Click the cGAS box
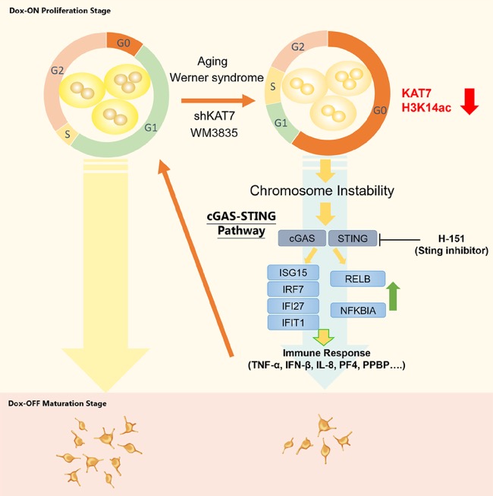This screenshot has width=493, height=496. (302, 239)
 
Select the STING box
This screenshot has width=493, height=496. (353, 239)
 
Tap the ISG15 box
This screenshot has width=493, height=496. (293, 273)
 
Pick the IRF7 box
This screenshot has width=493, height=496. (293, 289)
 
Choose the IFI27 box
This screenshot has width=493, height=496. (293, 306)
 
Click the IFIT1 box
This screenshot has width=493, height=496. (293, 323)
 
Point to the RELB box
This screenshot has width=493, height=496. (357, 279)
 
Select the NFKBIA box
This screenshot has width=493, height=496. (358, 311)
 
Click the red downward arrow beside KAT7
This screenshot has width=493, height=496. (469, 101)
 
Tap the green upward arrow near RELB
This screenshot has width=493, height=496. (393, 295)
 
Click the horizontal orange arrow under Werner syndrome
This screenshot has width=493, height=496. (218, 101)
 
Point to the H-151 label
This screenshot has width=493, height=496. (451, 239)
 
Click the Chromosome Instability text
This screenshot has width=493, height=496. (322, 191)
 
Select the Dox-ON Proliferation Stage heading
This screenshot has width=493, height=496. (60, 11)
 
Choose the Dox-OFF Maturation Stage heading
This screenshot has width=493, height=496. (58, 403)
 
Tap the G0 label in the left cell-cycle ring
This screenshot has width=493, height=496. (123, 43)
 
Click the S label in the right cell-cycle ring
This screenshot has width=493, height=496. (273, 87)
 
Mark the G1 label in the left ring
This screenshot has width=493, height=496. (151, 128)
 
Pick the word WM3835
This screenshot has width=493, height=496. (214, 133)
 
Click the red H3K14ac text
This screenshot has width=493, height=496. (426, 108)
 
